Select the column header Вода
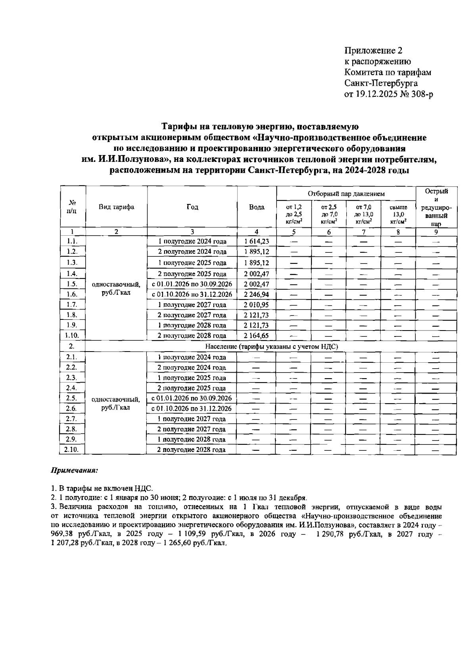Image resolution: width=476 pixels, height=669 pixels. [257, 207]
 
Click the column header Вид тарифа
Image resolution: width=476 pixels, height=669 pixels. [116, 207]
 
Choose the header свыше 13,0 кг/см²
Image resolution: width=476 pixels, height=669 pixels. [397, 215]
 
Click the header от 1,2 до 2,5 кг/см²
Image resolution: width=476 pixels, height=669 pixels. [294, 215]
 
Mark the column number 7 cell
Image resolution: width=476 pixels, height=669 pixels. [363, 233]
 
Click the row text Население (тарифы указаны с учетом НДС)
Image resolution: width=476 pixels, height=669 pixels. [272, 346]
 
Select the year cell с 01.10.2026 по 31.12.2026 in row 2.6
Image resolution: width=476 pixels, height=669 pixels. [192, 409]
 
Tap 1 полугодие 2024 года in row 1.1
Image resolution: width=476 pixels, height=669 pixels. [192, 241]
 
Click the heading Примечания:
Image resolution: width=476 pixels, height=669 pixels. [74, 471]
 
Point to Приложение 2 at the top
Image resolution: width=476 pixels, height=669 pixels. [373, 50]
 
